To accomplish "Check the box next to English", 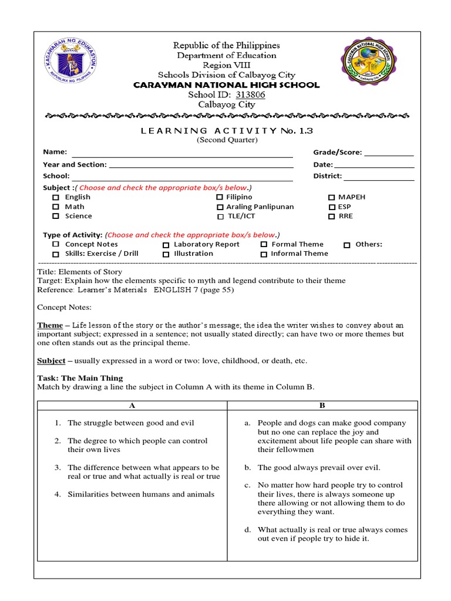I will [56, 198].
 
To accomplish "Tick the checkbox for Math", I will [56, 207].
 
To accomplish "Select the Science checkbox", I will [56, 217].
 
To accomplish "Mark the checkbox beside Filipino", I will [220, 198].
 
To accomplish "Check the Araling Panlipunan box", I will [220, 207].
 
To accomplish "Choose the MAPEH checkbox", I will [332, 198].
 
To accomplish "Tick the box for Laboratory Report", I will [166, 245].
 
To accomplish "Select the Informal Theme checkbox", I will [264, 254].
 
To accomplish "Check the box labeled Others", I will [347, 245].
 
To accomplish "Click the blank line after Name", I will [182, 155].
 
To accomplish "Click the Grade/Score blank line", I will [389, 155].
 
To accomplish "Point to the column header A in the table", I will [132, 406].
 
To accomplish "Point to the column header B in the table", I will [322, 406].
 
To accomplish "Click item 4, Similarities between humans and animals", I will [140, 494].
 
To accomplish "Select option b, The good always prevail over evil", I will [319, 468].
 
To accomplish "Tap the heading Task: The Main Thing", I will [80, 378].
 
